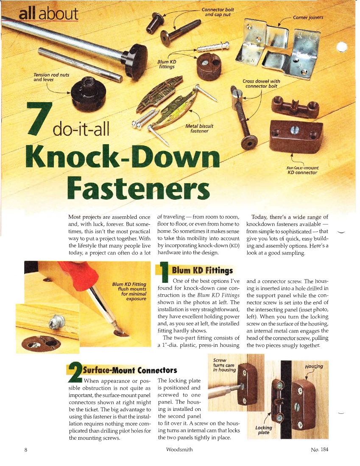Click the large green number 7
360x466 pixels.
pyautogui.click(x=39, y=119)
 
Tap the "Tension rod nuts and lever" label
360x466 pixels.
pyautogui.click(x=51, y=77)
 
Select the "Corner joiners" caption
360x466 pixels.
pyautogui.click(x=308, y=17)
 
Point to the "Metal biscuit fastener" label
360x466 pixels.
pyautogui.click(x=199, y=128)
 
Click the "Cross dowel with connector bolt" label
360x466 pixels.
pyautogui.click(x=261, y=84)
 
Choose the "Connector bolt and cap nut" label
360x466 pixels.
pyautogui.click(x=216, y=12)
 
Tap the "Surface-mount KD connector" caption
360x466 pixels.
pyautogui.click(x=302, y=170)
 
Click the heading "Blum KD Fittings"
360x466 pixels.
pyautogui.click(x=202, y=271)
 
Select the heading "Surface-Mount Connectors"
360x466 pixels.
pyautogui.click(x=130, y=370)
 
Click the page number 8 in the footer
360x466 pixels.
pyautogui.click(x=26, y=449)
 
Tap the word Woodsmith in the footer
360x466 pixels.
pyautogui.click(x=179, y=449)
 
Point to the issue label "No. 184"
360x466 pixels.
pyautogui.click(x=319, y=449)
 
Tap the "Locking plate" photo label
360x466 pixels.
pyautogui.click(x=263, y=430)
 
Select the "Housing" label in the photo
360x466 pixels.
pyautogui.click(x=314, y=366)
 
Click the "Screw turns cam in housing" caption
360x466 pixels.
pyautogui.click(x=224, y=365)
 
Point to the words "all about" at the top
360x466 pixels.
pyautogui.click(x=48, y=14)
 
